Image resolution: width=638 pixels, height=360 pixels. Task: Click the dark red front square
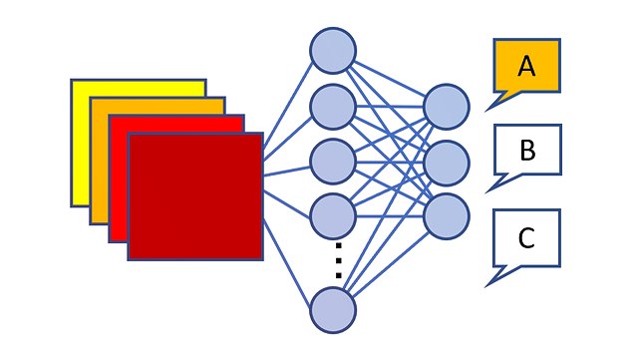(195, 196)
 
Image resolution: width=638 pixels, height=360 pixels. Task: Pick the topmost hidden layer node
(333, 51)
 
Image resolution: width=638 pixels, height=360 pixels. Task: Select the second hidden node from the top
(333, 106)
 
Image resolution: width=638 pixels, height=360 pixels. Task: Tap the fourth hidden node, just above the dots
(333, 213)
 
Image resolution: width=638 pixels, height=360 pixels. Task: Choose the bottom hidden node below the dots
(333, 309)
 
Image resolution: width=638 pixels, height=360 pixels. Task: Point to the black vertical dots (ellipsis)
(338, 261)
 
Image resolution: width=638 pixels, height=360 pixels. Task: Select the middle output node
(446, 161)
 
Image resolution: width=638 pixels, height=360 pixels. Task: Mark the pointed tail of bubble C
(491, 282)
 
